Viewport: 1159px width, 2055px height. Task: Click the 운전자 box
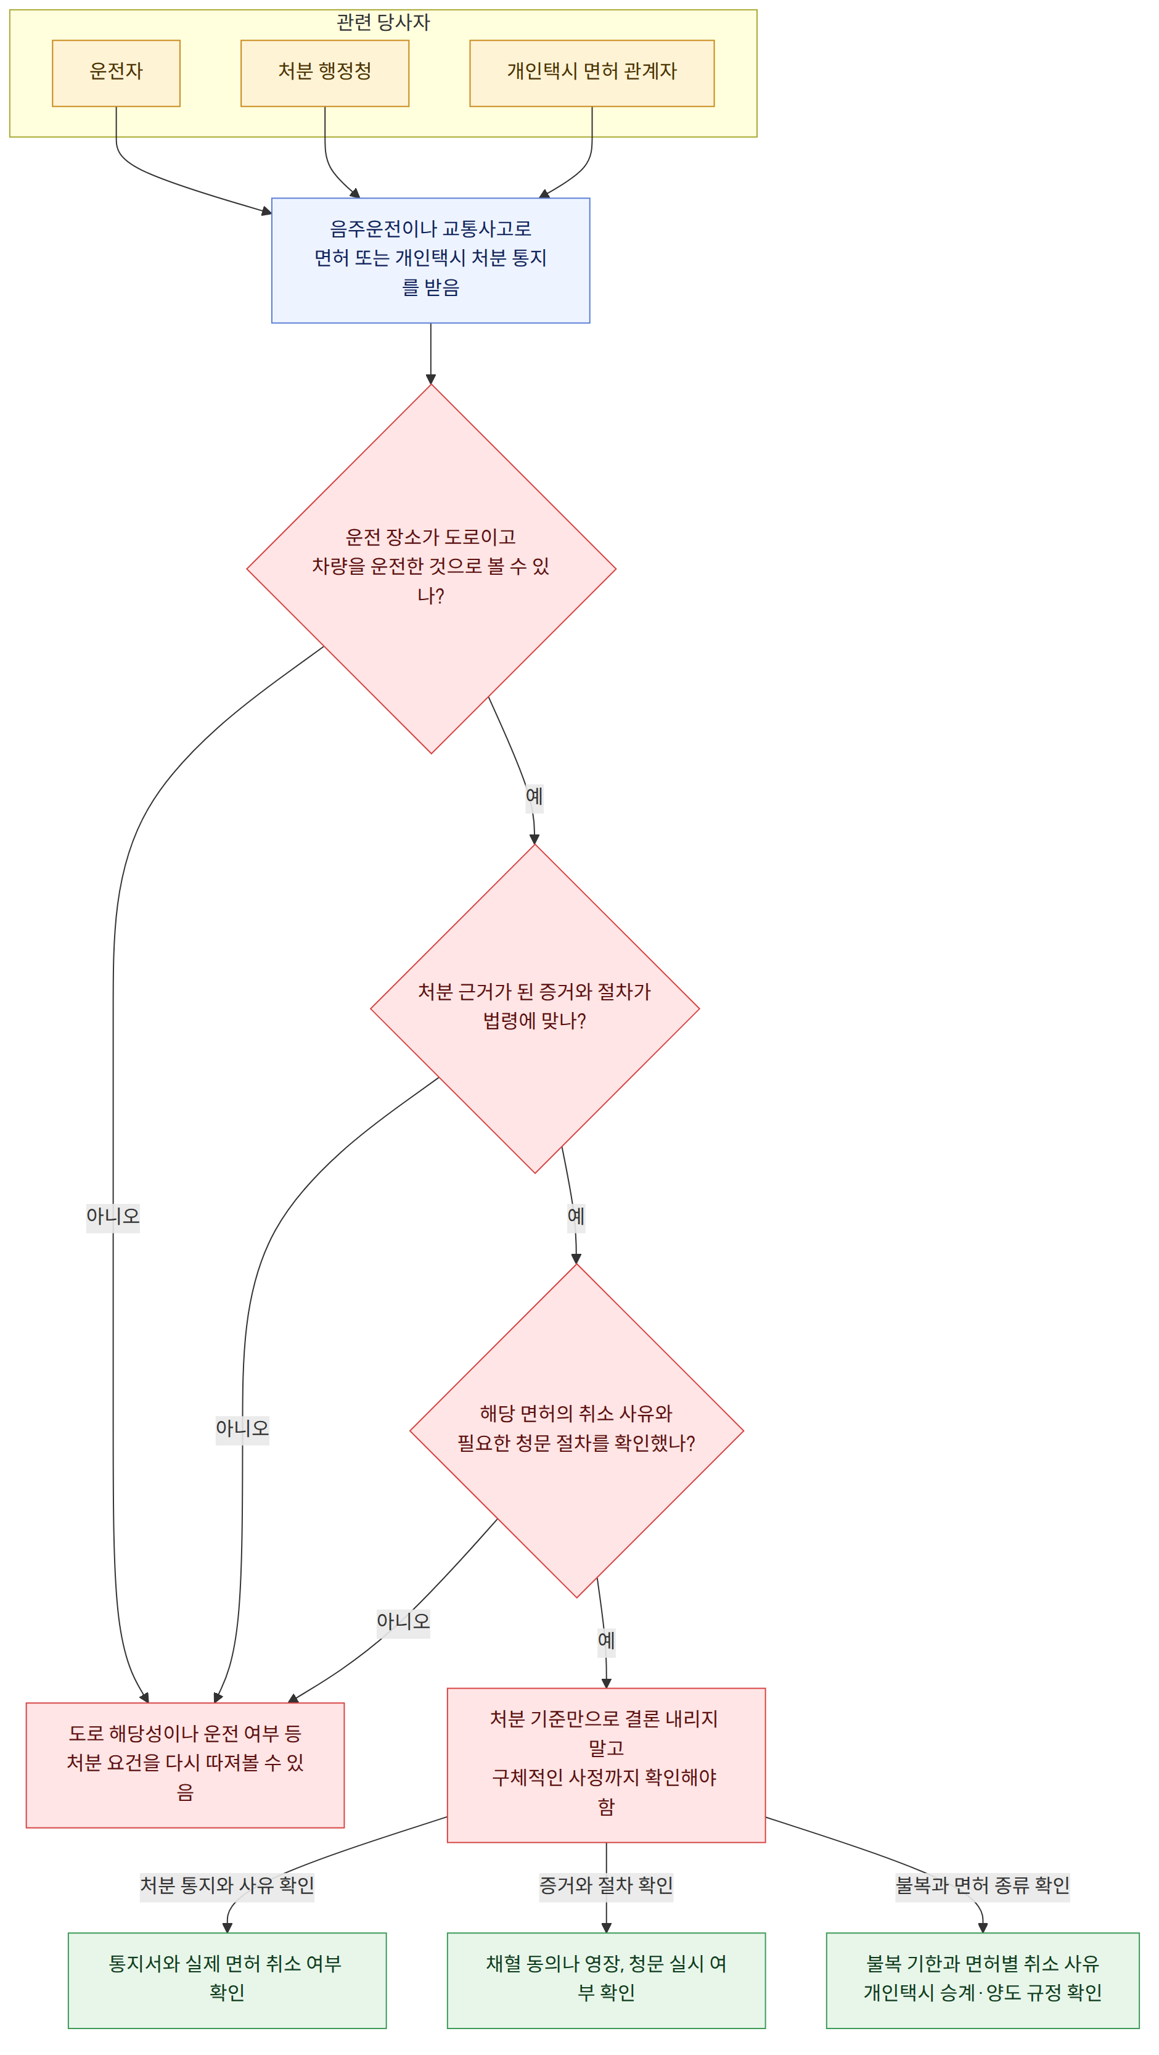coord(117,73)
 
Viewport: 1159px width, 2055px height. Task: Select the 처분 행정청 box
coord(325,73)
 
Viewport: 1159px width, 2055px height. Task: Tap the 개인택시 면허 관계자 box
coord(592,73)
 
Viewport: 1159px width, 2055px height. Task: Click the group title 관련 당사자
coord(383,22)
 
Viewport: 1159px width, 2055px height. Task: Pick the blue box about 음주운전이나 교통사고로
coord(431,260)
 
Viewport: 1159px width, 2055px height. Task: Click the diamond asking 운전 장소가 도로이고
coord(432,569)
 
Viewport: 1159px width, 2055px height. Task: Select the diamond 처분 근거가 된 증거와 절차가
coord(535,1008)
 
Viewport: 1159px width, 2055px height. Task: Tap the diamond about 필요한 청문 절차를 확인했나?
coord(576,1430)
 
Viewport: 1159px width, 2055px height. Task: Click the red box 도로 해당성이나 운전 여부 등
coord(185,1765)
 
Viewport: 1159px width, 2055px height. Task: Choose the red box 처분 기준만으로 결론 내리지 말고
coord(606,1765)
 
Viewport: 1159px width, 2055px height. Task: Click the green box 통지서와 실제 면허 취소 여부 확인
coord(227,1980)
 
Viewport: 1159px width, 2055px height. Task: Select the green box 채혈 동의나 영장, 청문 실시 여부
coord(606,1980)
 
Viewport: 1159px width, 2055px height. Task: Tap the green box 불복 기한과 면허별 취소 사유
coord(983,1980)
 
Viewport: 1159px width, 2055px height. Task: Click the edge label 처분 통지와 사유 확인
coord(227,1885)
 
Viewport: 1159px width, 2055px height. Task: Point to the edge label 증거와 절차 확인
coord(606,1885)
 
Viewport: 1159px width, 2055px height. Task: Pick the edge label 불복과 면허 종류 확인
coord(983,1885)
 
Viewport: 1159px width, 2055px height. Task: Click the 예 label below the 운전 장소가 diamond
coord(534,796)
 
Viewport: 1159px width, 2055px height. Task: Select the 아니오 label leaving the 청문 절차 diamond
coord(404,1621)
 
